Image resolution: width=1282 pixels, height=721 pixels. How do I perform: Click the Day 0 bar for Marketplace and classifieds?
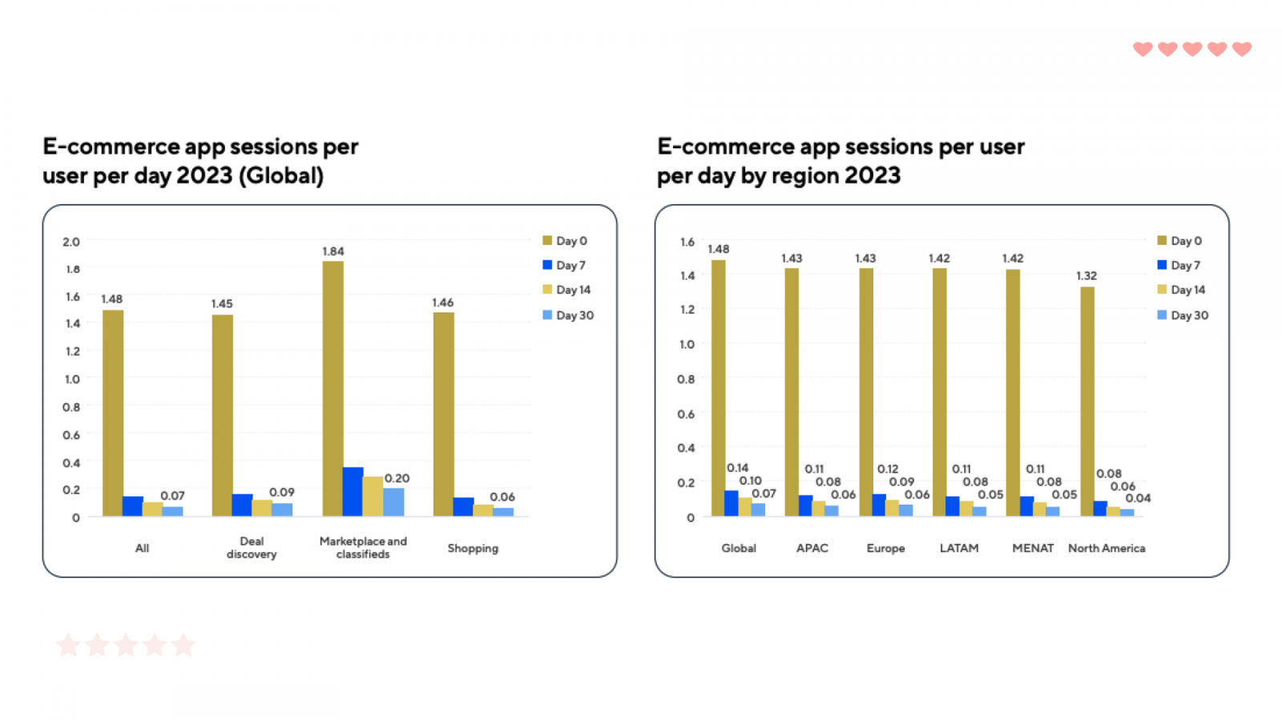click(333, 389)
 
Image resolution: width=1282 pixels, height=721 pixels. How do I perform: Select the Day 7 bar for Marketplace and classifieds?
click(353, 491)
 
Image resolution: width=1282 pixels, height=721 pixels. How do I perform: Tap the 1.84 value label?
click(333, 252)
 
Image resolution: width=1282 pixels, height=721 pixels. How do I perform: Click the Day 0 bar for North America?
click(1087, 401)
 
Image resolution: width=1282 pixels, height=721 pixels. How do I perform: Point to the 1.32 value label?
click(1086, 276)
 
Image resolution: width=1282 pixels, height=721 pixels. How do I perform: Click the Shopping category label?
click(473, 548)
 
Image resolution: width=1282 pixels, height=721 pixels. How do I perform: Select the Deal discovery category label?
click(252, 547)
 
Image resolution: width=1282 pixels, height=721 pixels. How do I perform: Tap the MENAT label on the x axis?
click(1033, 548)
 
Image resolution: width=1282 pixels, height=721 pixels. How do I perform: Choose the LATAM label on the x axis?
click(959, 548)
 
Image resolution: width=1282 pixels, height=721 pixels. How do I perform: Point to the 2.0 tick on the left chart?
click(71, 241)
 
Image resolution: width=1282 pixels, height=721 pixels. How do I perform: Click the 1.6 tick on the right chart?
click(687, 241)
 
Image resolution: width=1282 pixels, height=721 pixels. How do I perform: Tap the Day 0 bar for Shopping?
click(443, 413)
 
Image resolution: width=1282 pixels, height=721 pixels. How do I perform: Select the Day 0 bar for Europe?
click(866, 392)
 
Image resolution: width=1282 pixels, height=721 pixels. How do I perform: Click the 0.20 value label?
click(397, 478)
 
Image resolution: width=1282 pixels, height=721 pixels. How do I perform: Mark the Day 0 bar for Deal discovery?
click(223, 415)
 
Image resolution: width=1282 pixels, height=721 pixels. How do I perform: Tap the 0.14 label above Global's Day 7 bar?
click(737, 468)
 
